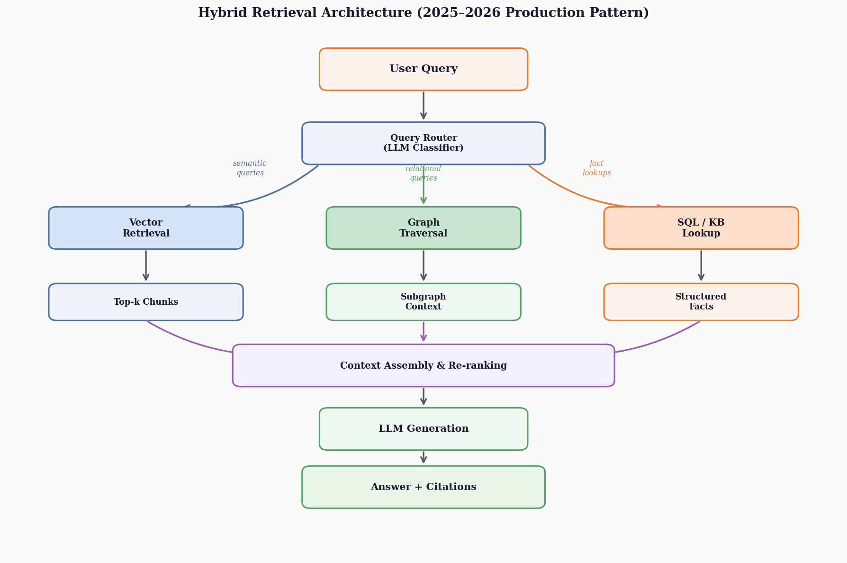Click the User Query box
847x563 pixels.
tap(423, 69)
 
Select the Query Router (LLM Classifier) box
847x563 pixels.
tap(423, 143)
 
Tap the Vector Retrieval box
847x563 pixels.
tap(146, 228)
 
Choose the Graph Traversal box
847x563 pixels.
tap(423, 228)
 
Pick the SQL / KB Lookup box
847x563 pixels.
tap(701, 228)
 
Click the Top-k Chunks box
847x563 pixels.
tap(146, 302)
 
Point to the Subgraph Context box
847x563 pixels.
tap(423, 302)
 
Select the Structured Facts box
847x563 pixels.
tap(701, 302)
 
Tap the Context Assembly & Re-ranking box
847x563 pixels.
tap(423, 365)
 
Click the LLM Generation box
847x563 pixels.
tap(423, 429)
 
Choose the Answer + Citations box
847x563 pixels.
tap(423, 487)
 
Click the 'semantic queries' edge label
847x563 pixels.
tap(250, 168)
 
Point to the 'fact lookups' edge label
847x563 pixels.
tap(596, 168)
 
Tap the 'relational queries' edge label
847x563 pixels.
tap(423, 173)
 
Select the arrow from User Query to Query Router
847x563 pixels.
tap(423, 105)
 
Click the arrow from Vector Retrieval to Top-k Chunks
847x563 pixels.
tap(146, 266)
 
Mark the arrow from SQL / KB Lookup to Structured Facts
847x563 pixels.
tap(701, 266)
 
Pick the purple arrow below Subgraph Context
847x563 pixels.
tap(423, 332)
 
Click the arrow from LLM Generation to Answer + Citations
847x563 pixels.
tap(423, 457)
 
